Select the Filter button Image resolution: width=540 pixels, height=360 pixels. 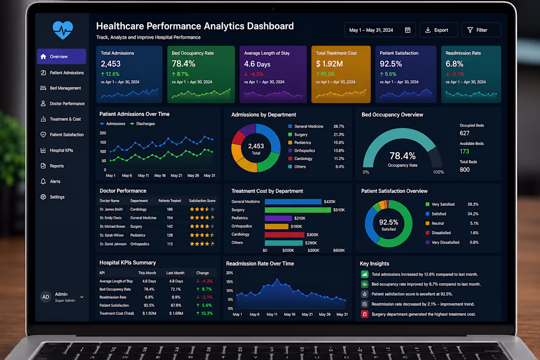[x=481, y=30]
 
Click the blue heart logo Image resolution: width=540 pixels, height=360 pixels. [x=63, y=30]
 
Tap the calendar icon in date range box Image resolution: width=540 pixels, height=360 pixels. [x=408, y=30]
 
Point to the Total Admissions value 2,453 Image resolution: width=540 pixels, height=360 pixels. [x=110, y=64]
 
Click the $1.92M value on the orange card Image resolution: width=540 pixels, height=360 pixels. [x=329, y=64]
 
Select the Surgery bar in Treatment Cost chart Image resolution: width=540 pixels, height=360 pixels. [x=297, y=210]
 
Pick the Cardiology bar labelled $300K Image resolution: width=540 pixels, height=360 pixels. [x=284, y=235]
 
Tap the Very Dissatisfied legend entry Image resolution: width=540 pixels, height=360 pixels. [x=442, y=243]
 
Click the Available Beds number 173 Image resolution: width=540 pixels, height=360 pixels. [x=464, y=151]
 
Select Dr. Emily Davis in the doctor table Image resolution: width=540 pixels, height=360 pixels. [x=110, y=218]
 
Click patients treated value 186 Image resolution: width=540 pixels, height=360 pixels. [x=170, y=209]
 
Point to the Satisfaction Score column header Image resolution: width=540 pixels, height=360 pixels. [x=202, y=200]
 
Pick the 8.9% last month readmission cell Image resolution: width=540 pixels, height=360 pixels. [x=176, y=297]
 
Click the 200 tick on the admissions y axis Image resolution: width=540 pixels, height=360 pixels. [x=103, y=133]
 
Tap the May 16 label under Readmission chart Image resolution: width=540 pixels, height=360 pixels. [x=290, y=314]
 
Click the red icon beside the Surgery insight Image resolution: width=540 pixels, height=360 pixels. [x=364, y=314]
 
